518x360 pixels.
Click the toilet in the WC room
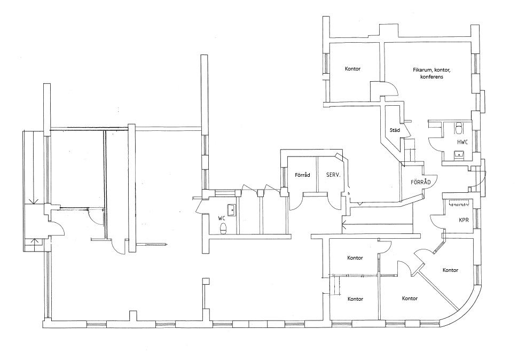pyautogui.click(x=224, y=229)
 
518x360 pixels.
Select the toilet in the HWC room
pyautogui.click(x=459, y=128)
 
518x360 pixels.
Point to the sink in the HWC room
pyautogui.click(x=459, y=155)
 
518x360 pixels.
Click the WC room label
pyautogui.click(x=222, y=218)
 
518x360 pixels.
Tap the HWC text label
pyautogui.click(x=462, y=143)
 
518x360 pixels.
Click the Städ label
pyautogui.click(x=395, y=130)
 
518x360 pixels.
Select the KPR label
pyautogui.click(x=464, y=220)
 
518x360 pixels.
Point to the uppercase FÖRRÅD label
pyautogui.click(x=421, y=182)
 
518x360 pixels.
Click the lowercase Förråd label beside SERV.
pyautogui.click(x=303, y=175)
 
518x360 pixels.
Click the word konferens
pyautogui.click(x=432, y=77)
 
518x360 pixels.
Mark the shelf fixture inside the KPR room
pyautogui.click(x=459, y=204)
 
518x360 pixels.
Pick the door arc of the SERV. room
pyautogui.click(x=336, y=200)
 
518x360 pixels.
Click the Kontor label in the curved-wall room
pyautogui.click(x=450, y=270)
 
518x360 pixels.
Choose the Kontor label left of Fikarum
pyautogui.click(x=352, y=69)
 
